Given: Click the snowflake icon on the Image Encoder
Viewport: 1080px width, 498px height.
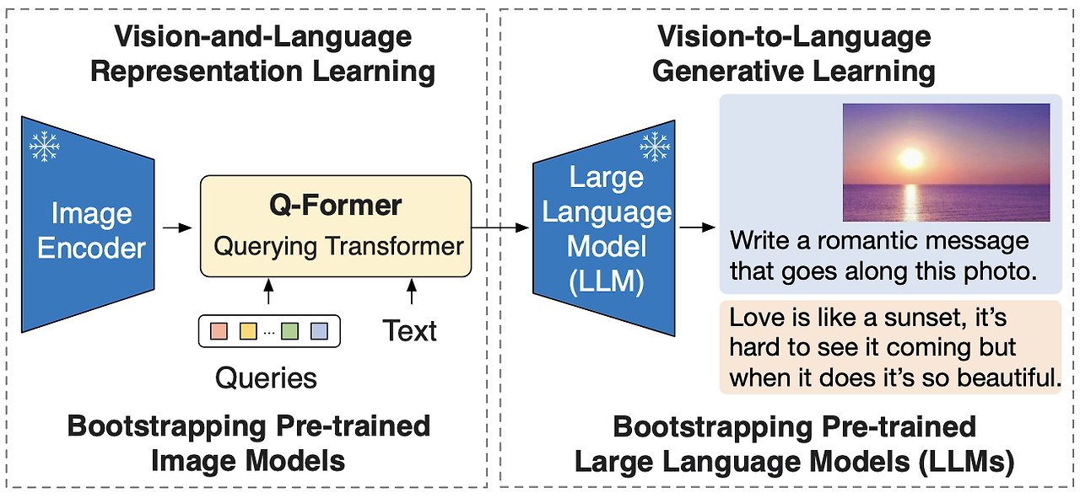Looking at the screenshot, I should (x=44, y=147).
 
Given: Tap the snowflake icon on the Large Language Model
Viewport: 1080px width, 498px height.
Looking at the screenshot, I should (x=654, y=147).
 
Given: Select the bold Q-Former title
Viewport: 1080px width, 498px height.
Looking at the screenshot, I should (x=335, y=205).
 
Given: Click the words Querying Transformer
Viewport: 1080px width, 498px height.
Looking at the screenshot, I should (x=338, y=246).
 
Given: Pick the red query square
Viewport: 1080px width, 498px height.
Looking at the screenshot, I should (x=219, y=331).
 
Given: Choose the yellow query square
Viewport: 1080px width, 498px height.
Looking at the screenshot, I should (x=247, y=331).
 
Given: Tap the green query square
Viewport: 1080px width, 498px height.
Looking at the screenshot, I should (x=290, y=331).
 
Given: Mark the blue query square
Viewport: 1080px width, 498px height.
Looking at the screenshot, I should (x=319, y=331).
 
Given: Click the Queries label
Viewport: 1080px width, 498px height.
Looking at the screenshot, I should (x=266, y=378).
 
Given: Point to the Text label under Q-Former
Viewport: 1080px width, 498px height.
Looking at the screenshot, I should (x=410, y=330).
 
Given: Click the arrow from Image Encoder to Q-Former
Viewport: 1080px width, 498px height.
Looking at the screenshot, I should (x=176, y=228).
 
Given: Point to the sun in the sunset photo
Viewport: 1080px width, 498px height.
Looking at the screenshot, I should (x=910, y=158).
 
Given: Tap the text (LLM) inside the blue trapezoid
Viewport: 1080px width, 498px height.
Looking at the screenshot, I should (x=606, y=281).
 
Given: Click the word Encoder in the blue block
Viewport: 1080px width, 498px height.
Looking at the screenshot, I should (x=91, y=249).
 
